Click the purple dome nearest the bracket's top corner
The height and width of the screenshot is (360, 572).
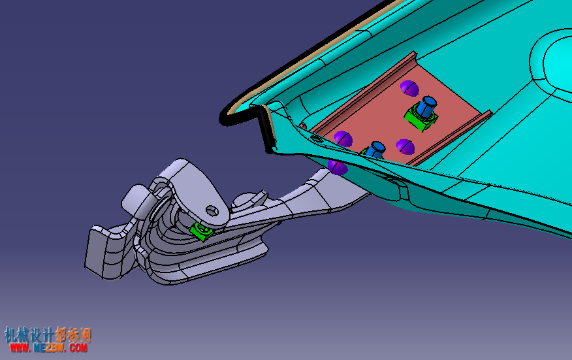tap(409, 88)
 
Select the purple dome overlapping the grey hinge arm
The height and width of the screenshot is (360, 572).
tap(338, 167)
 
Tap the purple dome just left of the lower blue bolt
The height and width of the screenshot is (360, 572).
tap(343, 139)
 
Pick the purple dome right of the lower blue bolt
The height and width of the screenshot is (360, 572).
tap(405, 147)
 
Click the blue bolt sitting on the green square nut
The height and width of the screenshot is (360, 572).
tap(426, 106)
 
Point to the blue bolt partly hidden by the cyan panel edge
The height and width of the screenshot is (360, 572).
tap(375, 150)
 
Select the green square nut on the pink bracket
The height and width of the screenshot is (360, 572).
tap(421, 118)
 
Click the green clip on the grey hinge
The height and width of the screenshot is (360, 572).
tap(201, 231)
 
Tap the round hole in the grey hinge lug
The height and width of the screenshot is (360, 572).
tap(212, 210)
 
